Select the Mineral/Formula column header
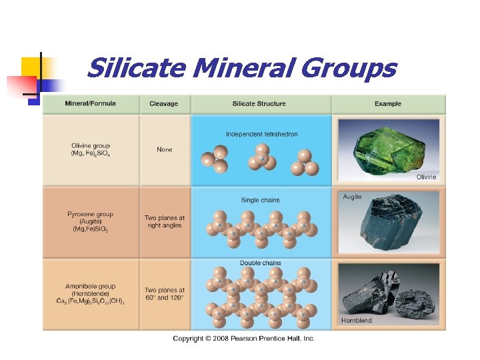point(90,104)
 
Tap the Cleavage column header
point(163,104)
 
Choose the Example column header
point(387,104)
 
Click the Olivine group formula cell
point(91,149)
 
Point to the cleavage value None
point(164,149)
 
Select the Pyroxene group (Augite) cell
point(90,222)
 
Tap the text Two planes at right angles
point(164,221)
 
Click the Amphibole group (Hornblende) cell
point(90,293)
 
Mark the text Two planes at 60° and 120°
point(164,294)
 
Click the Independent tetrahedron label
point(261,134)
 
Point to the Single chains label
point(260,200)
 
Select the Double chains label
point(260,263)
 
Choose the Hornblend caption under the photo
point(357,321)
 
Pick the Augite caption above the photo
point(353,197)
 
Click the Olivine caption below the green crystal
point(426,177)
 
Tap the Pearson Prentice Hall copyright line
point(243,339)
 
